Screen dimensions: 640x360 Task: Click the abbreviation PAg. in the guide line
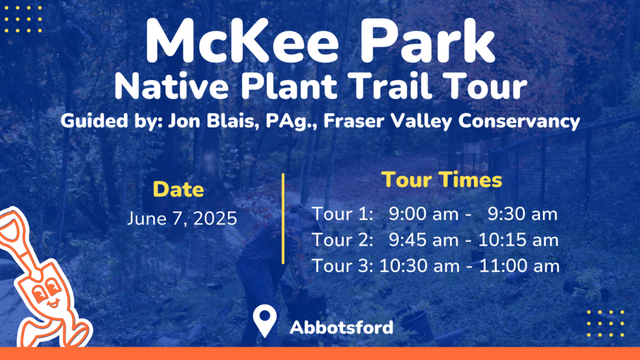[291, 122]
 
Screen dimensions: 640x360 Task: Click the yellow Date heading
[178, 189]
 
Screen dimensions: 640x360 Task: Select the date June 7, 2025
[182, 219]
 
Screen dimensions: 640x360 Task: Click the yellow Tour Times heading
[442, 179]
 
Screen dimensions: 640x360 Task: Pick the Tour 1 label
[342, 214]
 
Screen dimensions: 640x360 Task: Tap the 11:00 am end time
[519, 266]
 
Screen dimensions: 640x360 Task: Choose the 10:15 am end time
[518, 240]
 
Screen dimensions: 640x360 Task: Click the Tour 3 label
[342, 266]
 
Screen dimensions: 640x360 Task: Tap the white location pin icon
[264, 320]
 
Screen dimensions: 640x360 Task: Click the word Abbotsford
[342, 327]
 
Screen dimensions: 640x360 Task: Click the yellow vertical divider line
[283, 218]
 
